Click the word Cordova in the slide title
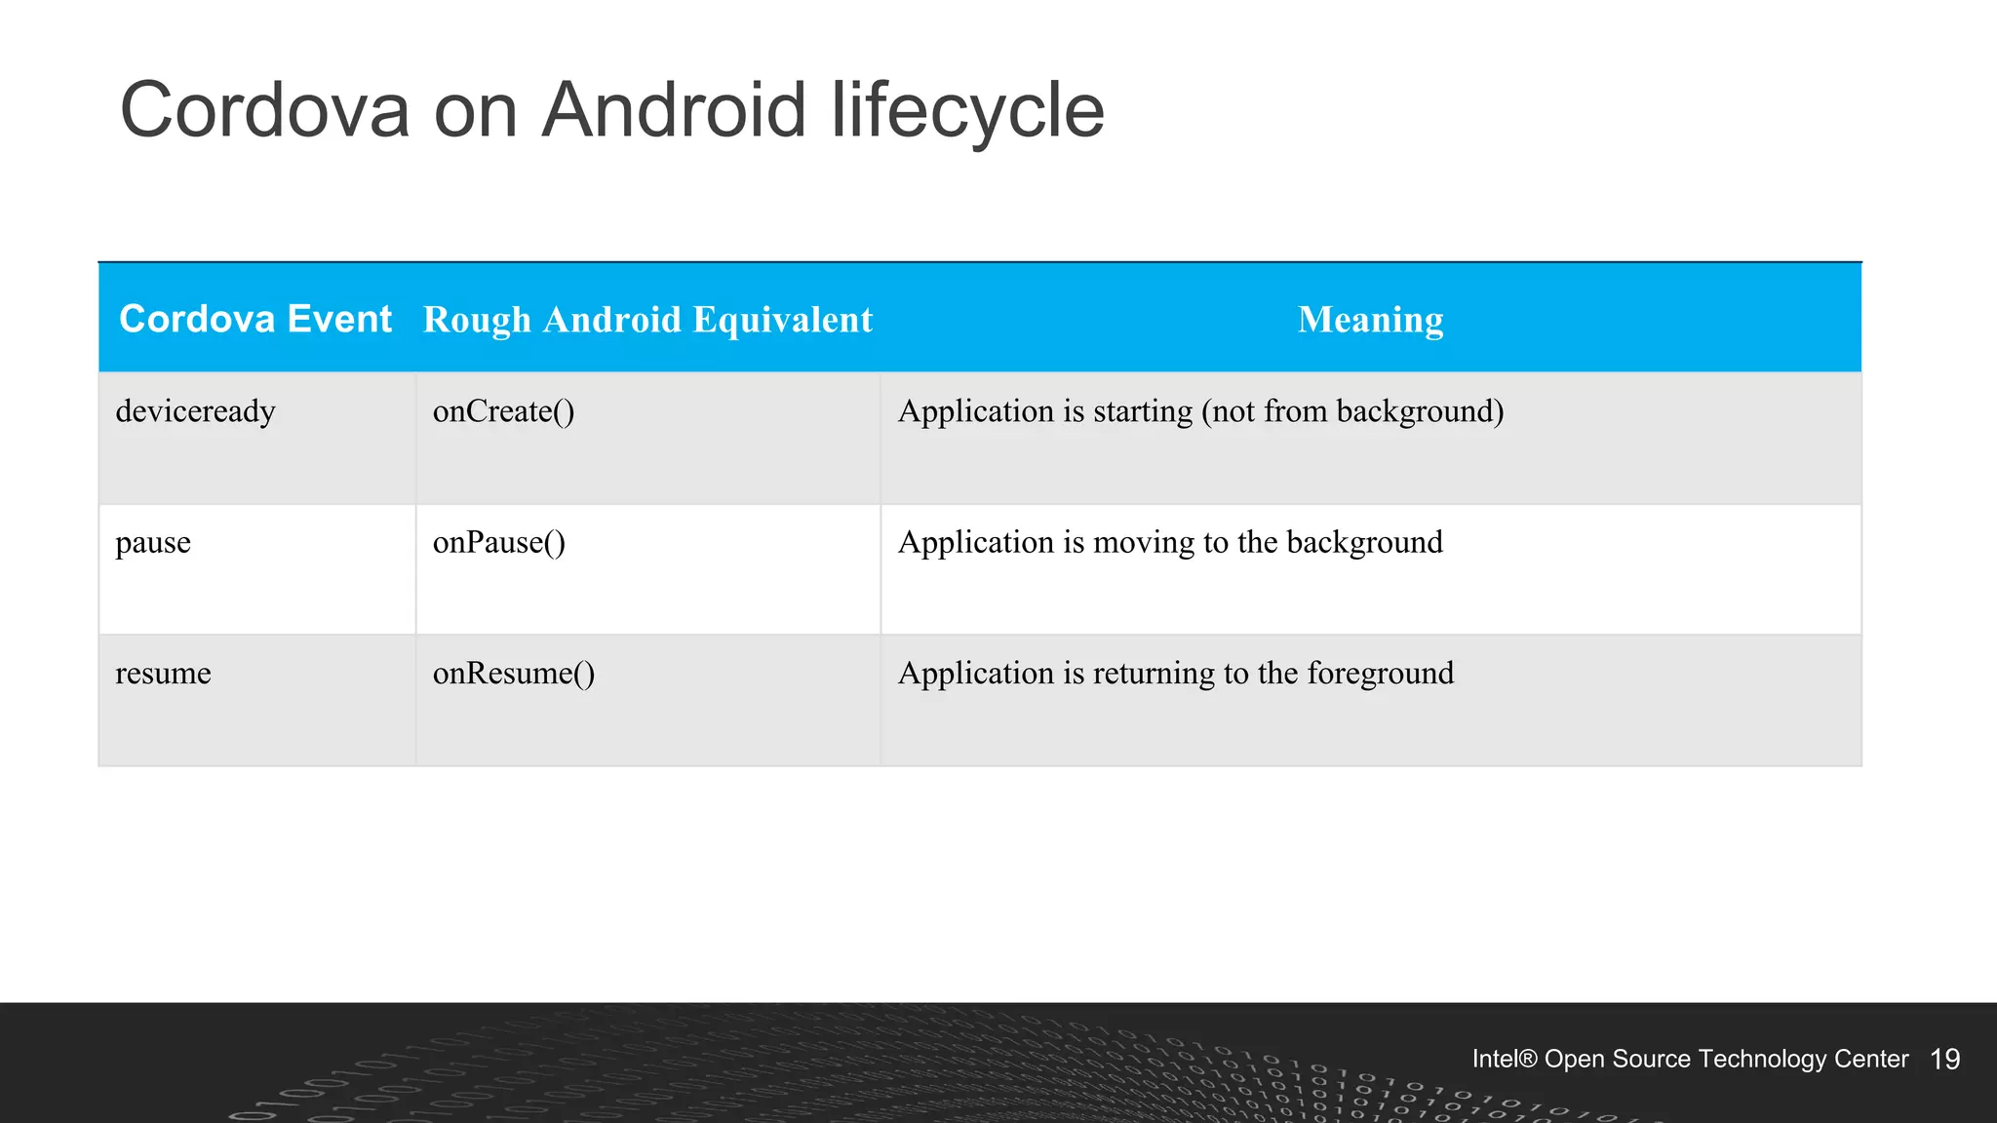pyautogui.click(x=264, y=109)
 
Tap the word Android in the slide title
pyautogui.click(x=674, y=109)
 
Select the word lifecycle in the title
pyautogui.click(x=967, y=109)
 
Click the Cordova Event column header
pyautogui.click(x=255, y=320)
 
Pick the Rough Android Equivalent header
pyautogui.click(x=647, y=320)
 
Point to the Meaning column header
pyautogui.click(x=1370, y=320)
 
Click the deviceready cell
pyautogui.click(x=195, y=411)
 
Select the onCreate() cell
pyautogui.click(x=503, y=411)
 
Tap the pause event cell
pyautogui.click(x=153, y=542)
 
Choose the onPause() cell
pyautogui.click(x=498, y=542)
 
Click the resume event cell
pyautogui.click(x=163, y=673)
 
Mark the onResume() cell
pyautogui.click(x=513, y=673)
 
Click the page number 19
pyautogui.click(x=1944, y=1060)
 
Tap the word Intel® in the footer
pyautogui.click(x=1504, y=1060)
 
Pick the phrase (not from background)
pyautogui.click(x=1352, y=411)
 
